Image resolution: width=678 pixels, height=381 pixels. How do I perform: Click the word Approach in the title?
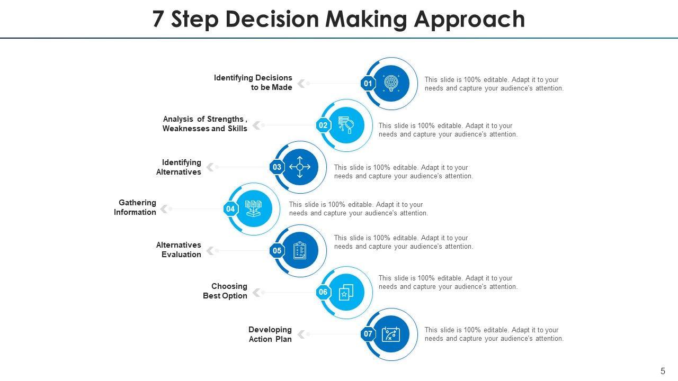(469, 20)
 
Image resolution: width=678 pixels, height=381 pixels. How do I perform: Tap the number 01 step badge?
(368, 84)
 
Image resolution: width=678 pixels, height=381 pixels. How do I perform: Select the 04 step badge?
(230, 209)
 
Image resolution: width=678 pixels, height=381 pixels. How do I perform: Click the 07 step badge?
(368, 334)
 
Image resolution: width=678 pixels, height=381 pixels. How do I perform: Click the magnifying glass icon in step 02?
(346, 125)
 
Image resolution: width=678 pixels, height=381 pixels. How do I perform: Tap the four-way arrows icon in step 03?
(300, 167)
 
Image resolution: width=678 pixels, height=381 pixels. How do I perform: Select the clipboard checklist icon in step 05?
(300, 251)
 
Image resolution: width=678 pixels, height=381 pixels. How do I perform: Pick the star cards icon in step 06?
(346, 292)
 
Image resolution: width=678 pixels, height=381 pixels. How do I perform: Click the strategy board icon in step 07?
(391, 334)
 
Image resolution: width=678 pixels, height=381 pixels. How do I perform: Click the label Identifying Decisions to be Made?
(253, 83)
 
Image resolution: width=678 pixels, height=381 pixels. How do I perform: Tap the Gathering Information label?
(135, 207)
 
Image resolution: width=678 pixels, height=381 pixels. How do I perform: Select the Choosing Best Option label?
(225, 291)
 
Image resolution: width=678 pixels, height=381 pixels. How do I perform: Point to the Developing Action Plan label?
(270, 334)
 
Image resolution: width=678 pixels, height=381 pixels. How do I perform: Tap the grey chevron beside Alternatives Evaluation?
(210, 250)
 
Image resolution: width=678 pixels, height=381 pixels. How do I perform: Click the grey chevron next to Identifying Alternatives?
(210, 167)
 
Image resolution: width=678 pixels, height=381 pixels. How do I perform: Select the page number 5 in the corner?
(663, 371)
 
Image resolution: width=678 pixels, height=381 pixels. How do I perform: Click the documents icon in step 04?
(254, 208)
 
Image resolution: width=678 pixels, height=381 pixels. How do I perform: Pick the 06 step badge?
(323, 292)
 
